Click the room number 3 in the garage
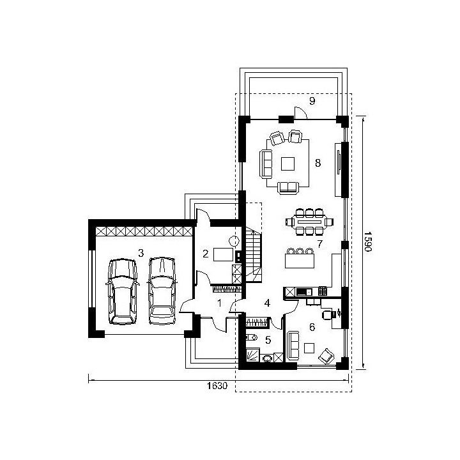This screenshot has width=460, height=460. pyautogui.click(x=141, y=253)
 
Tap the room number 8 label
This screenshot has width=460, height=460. pyautogui.click(x=318, y=163)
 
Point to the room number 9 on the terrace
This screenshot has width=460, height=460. pyautogui.click(x=312, y=101)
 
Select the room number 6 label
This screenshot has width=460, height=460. pyautogui.click(x=312, y=327)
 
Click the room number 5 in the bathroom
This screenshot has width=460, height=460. pyautogui.click(x=268, y=340)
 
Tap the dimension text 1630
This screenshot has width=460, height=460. pyautogui.click(x=217, y=385)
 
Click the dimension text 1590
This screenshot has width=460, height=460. pyautogui.click(x=368, y=241)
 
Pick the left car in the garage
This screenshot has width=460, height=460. pyautogui.click(x=122, y=291)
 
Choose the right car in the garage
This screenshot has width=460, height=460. pyautogui.click(x=162, y=291)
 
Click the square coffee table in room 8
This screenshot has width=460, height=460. pyautogui.click(x=287, y=164)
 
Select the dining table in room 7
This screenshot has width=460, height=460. pyautogui.click(x=309, y=222)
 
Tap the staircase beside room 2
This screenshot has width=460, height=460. pyautogui.click(x=253, y=256)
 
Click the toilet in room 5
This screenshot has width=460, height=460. pyautogui.click(x=251, y=337)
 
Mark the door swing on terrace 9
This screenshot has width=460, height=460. pyautogui.click(x=300, y=113)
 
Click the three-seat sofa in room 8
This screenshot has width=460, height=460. pyautogui.click(x=266, y=164)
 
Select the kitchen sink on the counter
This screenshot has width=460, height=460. pyautogui.click(x=304, y=292)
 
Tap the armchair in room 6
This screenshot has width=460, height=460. pyautogui.click(x=326, y=356)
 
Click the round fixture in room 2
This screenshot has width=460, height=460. pyautogui.click(x=234, y=241)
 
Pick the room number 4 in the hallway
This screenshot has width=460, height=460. pyautogui.click(x=267, y=303)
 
